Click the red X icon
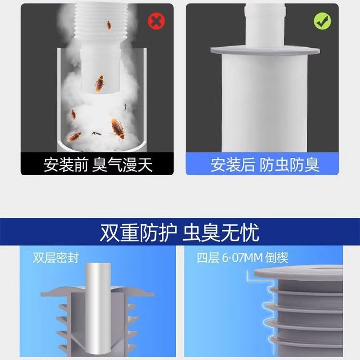tap(155, 21)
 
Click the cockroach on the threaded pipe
tap(109, 24)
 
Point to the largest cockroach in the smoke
tap(117, 128)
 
